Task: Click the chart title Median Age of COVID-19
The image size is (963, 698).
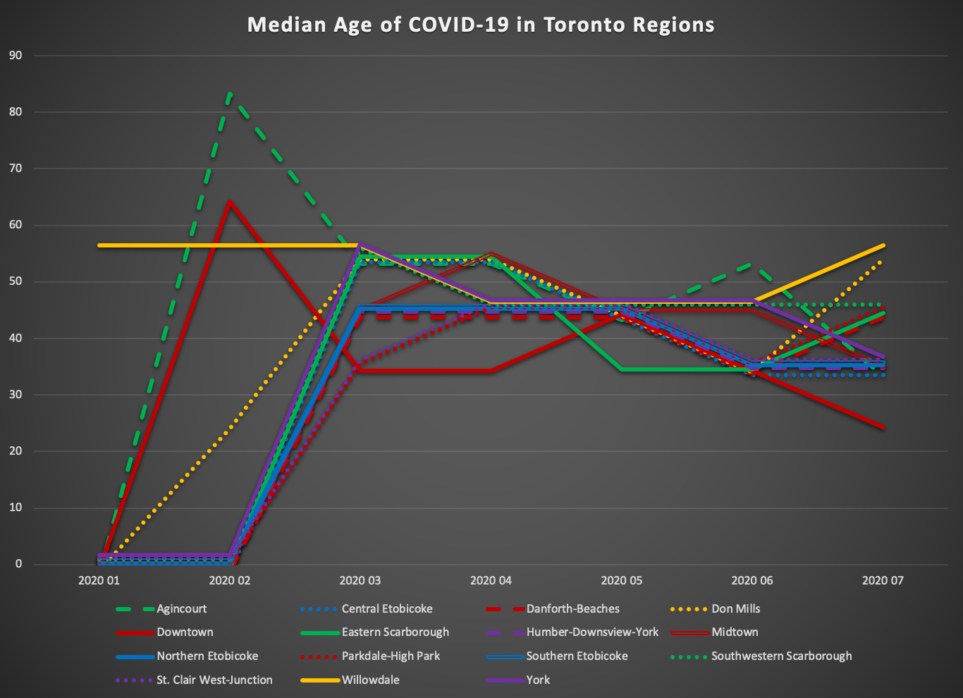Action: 481,25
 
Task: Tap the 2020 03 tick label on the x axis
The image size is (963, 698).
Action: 360,581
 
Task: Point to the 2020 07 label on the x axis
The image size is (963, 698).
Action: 883,581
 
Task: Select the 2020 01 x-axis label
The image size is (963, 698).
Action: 99,581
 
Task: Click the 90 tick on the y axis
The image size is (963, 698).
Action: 16,55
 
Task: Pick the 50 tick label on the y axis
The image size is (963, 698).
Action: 16,281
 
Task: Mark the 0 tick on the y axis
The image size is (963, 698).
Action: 18,564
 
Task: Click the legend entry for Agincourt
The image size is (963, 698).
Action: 181,608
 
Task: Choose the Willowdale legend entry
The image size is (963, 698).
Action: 370,680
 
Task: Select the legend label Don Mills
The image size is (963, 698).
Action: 735,608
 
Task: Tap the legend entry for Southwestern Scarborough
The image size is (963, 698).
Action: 781,656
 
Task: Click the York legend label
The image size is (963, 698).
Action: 538,680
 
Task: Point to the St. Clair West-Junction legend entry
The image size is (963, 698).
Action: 214,680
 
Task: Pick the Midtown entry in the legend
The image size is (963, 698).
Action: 735,632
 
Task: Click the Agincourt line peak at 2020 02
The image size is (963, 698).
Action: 230,93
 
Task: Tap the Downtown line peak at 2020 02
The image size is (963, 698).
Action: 230,202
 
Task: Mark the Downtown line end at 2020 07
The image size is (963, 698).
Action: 883,427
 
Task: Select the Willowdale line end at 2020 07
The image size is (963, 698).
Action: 883,245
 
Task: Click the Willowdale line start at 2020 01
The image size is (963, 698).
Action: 99,245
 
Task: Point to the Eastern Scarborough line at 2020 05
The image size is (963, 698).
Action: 622,369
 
